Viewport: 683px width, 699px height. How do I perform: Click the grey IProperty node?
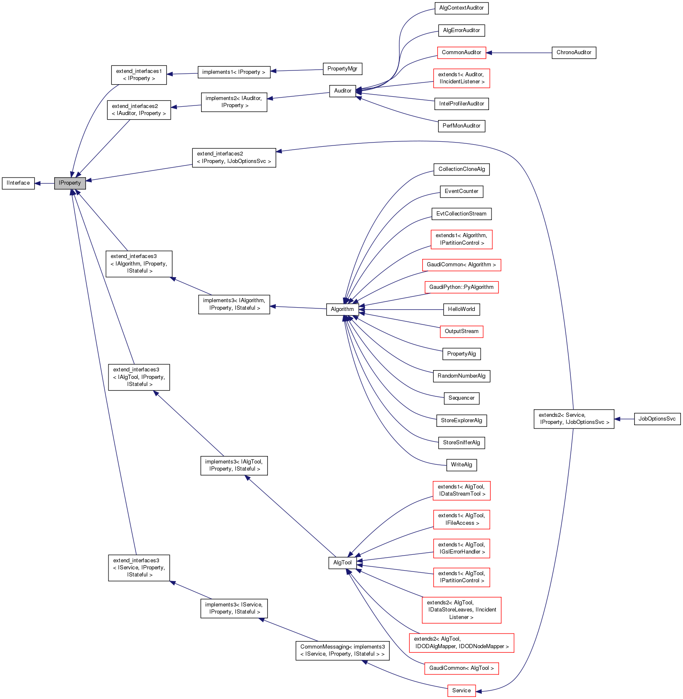[70, 183]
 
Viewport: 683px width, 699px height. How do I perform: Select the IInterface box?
[18, 183]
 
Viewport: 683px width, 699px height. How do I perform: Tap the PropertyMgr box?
[342, 69]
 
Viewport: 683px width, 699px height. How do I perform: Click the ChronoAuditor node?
[574, 53]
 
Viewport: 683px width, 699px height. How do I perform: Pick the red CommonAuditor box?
[461, 53]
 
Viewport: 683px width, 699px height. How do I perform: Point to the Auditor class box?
[343, 91]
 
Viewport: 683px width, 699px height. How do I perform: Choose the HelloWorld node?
[461, 309]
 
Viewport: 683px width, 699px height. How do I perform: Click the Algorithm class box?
[342, 309]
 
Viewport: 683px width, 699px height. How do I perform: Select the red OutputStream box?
[461, 331]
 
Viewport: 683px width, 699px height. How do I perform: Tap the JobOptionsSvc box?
[657, 419]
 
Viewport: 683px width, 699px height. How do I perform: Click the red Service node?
[461, 691]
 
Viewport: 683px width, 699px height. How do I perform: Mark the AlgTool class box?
[343, 563]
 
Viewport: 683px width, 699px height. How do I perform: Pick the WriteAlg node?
[461, 465]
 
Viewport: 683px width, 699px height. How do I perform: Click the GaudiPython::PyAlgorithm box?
[461, 287]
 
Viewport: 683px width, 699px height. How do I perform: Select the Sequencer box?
[461, 398]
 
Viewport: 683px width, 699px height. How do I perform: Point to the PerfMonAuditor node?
[461, 126]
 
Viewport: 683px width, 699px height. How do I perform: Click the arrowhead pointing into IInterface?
[38, 183]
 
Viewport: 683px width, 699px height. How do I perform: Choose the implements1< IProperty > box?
[234, 72]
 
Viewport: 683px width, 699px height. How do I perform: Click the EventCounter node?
[461, 191]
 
